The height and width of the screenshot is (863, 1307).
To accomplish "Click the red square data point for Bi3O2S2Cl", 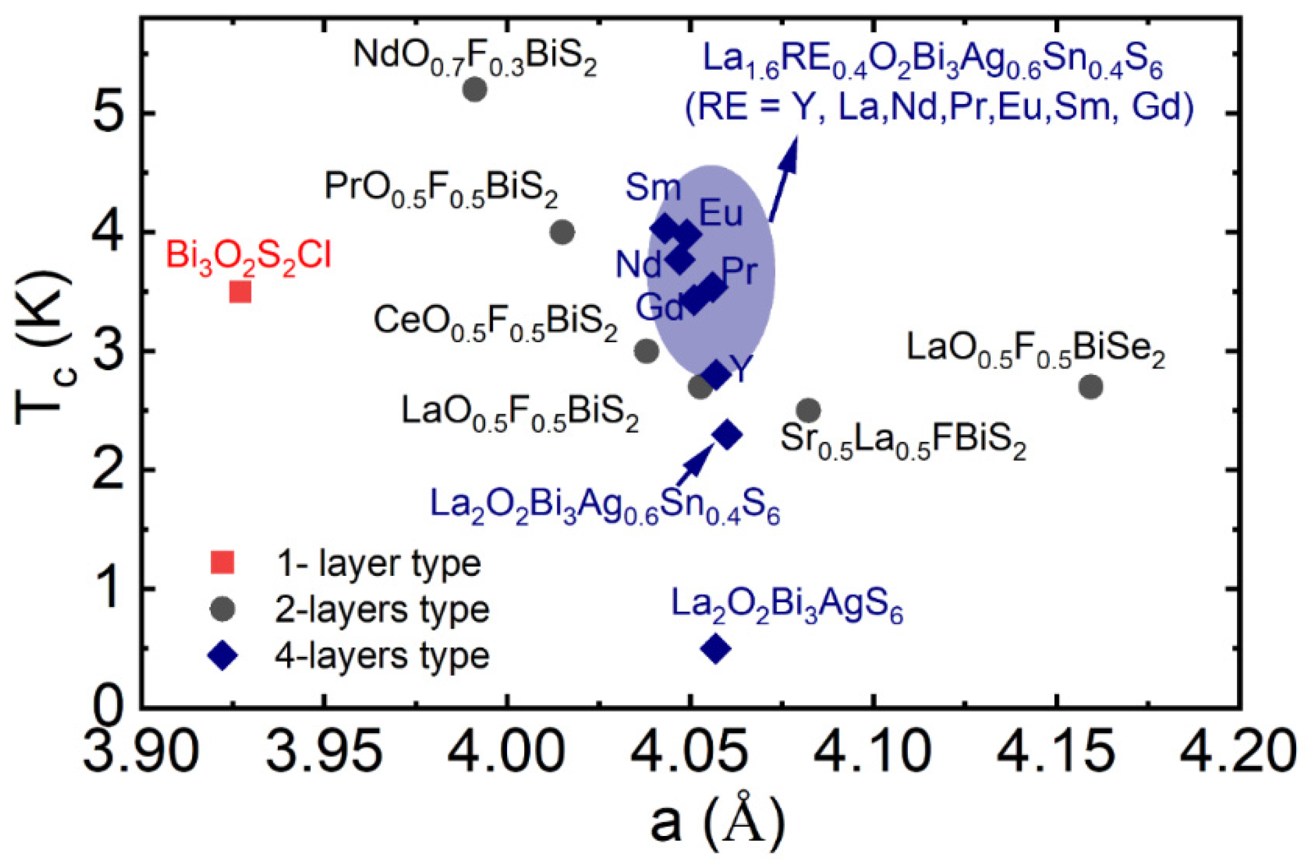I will [x=240, y=292].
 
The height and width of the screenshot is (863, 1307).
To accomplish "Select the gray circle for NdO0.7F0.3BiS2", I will [x=475, y=90].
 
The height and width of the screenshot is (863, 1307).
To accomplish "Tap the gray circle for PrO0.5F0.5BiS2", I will [x=562, y=232].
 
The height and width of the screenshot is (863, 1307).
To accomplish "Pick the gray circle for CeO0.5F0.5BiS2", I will [x=647, y=351].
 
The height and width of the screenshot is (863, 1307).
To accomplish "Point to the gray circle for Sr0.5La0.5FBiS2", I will [x=809, y=411].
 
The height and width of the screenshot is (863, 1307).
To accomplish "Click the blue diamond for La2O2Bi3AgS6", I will [x=716, y=649].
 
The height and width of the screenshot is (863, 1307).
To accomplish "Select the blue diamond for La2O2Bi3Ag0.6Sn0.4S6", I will [x=727, y=435].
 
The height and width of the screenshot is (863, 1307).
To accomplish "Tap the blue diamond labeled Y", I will [x=716, y=375].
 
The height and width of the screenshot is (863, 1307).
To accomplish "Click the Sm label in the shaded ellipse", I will [x=653, y=188].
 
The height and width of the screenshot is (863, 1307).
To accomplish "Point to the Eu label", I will [x=721, y=214].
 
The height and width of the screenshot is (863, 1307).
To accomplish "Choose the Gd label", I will [x=659, y=307].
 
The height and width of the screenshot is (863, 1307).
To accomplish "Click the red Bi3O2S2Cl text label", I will [x=249, y=256].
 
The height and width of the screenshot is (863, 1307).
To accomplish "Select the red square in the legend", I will [x=223, y=562].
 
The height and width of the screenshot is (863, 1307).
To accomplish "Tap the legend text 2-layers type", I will [x=382, y=609].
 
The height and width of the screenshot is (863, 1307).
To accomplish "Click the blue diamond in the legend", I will [x=223, y=656].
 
